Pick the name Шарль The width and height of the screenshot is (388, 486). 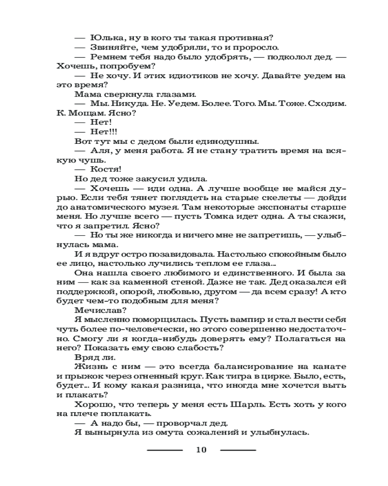coord(257,404)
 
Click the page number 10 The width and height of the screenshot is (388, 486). coord(201,450)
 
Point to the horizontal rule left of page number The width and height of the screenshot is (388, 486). coord(165,450)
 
